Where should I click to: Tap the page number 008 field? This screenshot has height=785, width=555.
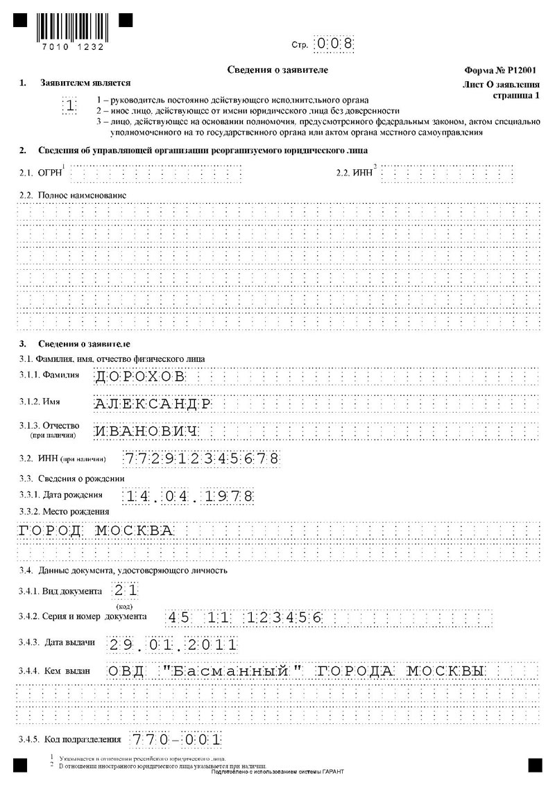point(334,44)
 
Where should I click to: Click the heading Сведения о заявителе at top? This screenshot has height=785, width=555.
point(277,70)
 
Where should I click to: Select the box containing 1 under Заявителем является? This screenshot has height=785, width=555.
point(69,106)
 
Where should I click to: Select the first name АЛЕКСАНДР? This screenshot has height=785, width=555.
point(153,404)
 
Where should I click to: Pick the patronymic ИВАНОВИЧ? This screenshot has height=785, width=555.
point(146,431)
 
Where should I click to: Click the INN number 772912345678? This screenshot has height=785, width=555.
point(202,458)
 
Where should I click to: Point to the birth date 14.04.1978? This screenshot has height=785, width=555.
point(188,497)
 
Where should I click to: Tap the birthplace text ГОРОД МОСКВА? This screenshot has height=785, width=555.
point(94,531)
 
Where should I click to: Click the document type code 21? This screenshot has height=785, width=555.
point(126,590)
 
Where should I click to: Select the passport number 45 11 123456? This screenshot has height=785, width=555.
point(244,617)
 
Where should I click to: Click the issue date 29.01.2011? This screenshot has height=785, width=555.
point(173,644)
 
